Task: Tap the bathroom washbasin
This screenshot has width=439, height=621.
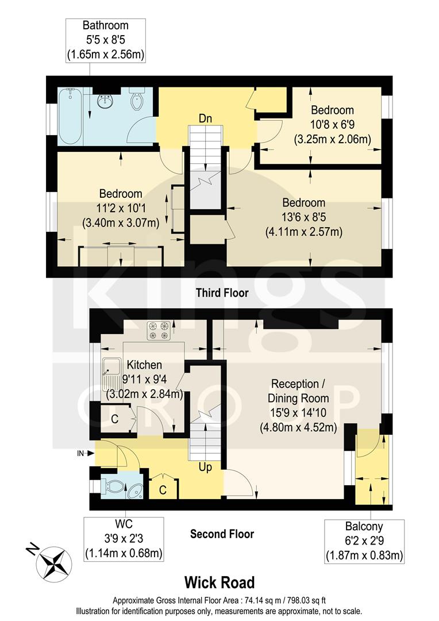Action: (106, 102)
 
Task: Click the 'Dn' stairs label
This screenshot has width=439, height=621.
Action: (205, 118)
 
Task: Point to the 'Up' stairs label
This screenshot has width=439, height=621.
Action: (205, 467)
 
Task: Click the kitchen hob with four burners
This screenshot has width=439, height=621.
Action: (159, 330)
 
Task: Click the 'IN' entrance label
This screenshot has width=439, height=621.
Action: (80, 454)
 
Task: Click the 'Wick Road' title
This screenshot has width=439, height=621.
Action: (219, 582)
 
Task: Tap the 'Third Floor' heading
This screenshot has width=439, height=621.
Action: (221, 293)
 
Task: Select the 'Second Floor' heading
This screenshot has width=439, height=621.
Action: (222, 534)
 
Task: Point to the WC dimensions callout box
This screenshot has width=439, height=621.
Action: (124, 539)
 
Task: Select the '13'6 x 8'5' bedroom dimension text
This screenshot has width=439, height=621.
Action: (303, 217)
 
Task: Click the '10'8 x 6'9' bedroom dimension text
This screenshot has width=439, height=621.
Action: (332, 124)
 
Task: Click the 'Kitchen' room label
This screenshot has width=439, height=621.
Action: (145, 365)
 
